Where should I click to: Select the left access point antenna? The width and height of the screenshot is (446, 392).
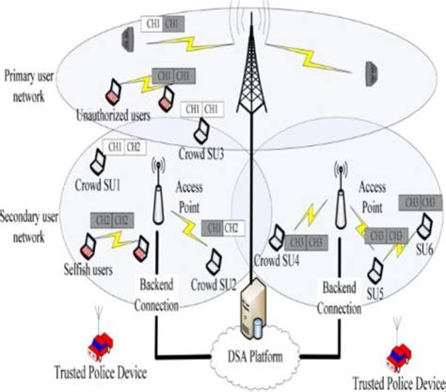click(x=159, y=204)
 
